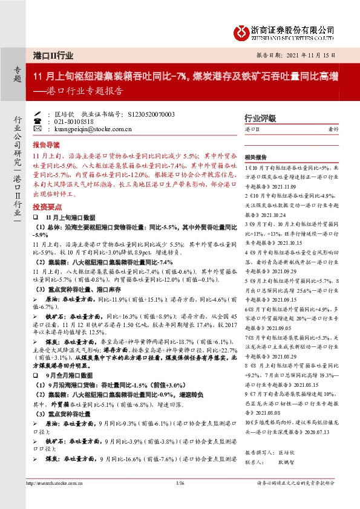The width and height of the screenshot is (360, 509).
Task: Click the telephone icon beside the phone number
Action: pos(38,121)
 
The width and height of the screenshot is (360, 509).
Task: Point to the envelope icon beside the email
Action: pos(38,129)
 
